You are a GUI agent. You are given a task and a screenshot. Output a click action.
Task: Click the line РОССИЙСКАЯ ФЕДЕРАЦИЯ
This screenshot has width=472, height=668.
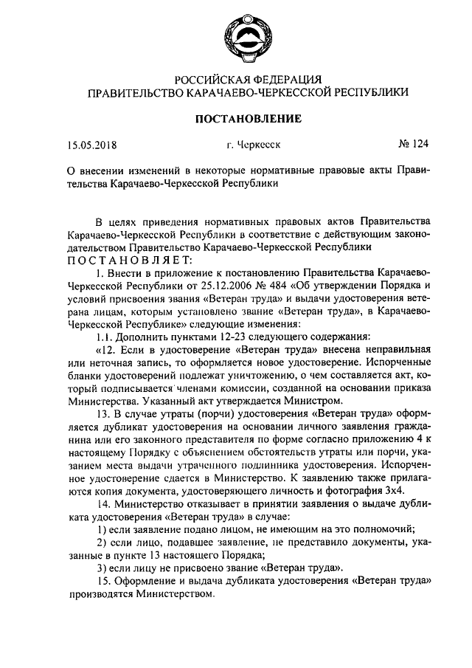point(248,78)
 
